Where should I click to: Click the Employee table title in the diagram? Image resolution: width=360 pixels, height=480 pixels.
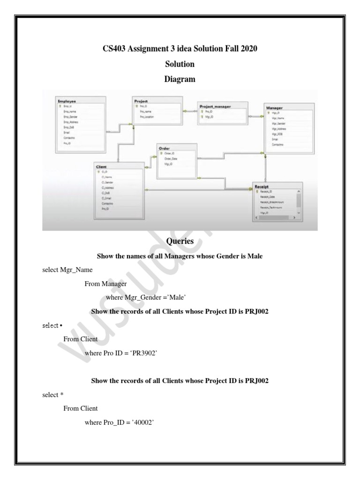click(67, 101)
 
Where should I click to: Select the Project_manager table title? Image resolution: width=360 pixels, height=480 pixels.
click(215, 107)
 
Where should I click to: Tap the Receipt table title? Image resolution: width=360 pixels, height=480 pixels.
click(262, 187)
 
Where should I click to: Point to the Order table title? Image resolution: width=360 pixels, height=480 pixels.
click(165, 148)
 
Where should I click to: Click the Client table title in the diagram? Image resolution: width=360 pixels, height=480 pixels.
click(102, 167)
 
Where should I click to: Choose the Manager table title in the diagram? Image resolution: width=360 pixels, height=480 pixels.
click(274, 108)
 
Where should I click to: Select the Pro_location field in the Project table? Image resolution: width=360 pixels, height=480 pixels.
click(147, 117)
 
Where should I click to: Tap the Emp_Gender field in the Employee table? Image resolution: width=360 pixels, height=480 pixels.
click(70, 117)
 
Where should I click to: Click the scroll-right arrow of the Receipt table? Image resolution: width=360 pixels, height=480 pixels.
click(294, 218)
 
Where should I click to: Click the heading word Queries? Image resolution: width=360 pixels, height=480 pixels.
click(180, 241)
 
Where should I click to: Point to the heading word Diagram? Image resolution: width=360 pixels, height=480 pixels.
click(180, 79)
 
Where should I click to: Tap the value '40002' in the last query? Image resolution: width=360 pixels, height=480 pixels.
click(142, 423)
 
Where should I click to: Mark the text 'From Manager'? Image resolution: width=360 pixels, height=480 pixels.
click(105, 284)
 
